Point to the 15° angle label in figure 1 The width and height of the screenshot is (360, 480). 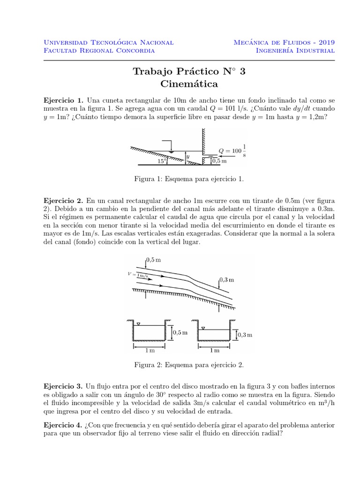(162, 160)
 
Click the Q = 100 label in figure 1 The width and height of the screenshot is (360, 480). (230, 151)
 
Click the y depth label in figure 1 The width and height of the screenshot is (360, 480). (188, 156)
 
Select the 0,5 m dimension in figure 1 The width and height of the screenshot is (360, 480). (219, 161)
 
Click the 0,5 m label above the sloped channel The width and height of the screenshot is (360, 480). (154, 259)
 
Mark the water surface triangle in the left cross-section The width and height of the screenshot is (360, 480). (139, 324)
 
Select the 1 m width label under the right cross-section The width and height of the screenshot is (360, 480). (214, 350)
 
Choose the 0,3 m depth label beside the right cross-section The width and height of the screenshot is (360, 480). (245, 335)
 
